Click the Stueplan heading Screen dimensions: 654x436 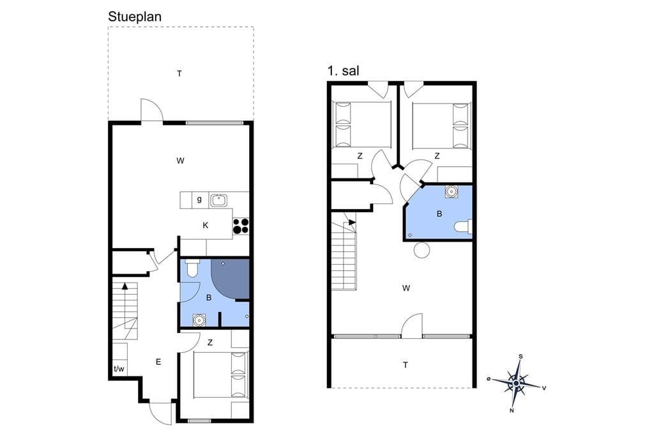[134, 17]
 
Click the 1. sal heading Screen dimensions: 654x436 [343, 70]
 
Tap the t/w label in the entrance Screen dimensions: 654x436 [119, 369]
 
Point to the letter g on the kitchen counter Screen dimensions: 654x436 [199, 199]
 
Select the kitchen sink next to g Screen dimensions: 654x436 [218, 201]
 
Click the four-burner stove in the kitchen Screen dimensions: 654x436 [241, 226]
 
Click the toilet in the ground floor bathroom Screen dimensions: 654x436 [192, 268]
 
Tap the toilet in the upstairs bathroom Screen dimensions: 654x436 [464, 227]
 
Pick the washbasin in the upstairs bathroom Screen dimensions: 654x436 [452, 191]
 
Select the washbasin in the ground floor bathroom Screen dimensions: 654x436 [199, 320]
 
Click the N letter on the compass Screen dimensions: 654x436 [512, 410]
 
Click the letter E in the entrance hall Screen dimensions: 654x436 [158, 362]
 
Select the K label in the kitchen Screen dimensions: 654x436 [205, 226]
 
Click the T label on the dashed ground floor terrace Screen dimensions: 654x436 [179, 74]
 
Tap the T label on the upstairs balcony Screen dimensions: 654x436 [406, 365]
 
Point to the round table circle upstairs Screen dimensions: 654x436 [422, 251]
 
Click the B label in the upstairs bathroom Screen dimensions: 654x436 [439, 214]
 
